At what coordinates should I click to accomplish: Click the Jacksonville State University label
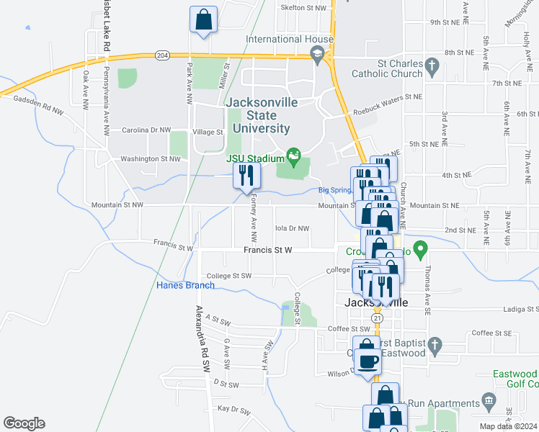point(261,115)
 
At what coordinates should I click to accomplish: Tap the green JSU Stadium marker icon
point(293,155)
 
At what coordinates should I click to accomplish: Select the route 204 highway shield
point(161,55)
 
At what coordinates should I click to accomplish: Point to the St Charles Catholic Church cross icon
point(432,68)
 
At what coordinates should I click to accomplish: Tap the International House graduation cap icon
point(317,54)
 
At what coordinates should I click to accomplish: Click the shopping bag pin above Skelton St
point(203,19)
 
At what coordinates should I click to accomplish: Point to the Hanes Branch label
point(185,285)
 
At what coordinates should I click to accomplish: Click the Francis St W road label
point(267,250)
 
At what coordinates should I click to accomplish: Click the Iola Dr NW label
point(292,228)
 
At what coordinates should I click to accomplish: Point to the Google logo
point(24,423)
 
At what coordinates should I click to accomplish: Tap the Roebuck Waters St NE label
point(387,96)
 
